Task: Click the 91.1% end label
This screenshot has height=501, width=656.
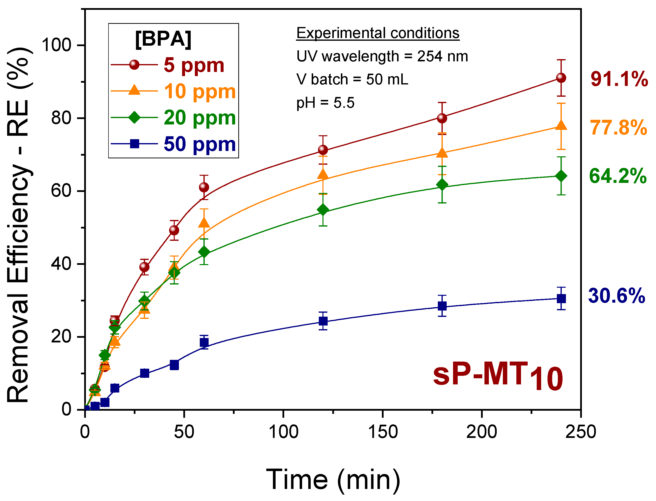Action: click(x=619, y=79)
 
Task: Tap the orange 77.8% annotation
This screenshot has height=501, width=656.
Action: click(x=618, y=128)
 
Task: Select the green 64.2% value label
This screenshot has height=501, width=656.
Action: click(x=618, y=176)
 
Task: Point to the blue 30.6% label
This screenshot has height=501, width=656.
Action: click(x=616, y=296)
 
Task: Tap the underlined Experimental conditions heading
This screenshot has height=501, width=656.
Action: click(x=378, y=33)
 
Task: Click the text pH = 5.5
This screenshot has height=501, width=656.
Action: click(x=325, y=103)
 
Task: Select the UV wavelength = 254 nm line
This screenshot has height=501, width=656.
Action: click(x=382, y=56)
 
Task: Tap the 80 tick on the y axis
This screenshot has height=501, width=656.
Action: click(x=61, y=118)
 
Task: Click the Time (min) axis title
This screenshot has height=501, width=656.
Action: click(x=333, y=480)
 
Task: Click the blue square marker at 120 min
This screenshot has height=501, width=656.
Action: click(x=323, y=321)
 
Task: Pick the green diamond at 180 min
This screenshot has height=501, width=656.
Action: click(x=442, y=185)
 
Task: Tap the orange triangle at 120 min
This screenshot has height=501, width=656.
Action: click(x=323, y=175)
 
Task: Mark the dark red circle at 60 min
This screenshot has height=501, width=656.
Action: click(x=204, y=187)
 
